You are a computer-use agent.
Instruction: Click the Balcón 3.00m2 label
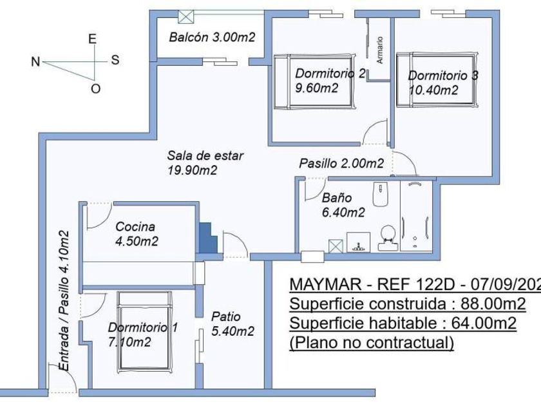[212, 37]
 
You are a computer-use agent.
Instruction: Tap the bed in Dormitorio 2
[315, 82]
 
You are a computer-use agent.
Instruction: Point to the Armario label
[380, 48]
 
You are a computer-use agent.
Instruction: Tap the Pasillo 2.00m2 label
[341, 164]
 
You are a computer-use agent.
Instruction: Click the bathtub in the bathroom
[418, 216]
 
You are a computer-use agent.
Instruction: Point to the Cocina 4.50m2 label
[137, 234]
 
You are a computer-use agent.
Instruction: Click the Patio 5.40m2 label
[232, 324]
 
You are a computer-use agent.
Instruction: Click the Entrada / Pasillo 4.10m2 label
[64, 300]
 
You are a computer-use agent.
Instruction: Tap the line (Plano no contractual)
[371, 342]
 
